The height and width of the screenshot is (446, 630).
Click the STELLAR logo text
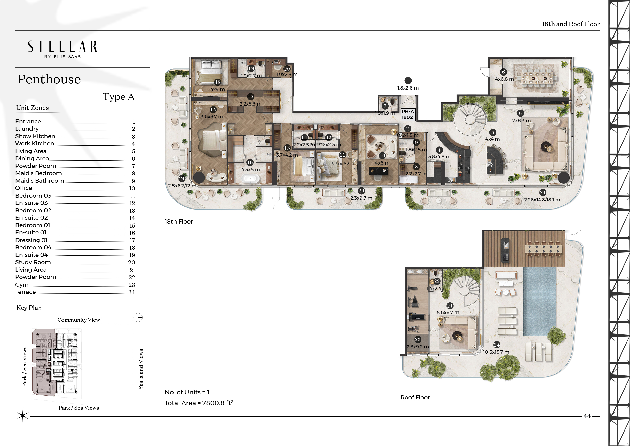(x=62, y=47)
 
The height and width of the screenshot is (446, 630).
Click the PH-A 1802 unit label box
(x=407, y=114)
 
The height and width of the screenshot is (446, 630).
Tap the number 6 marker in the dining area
(x=503, y=72)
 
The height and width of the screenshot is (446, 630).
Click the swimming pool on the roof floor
(x=540, y=302)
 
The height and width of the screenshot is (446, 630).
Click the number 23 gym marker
(x=418, y=339)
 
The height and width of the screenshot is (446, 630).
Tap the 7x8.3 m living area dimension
(x=521, y=120)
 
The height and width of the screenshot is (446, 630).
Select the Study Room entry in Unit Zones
(x=33, y=262)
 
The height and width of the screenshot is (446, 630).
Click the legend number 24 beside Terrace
(x=131, y=292)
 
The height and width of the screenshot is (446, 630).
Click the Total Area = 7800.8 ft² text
(x=199, y=403)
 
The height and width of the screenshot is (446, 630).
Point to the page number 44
(x=587, y=416)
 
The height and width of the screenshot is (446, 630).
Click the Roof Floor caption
(x=415, y=397)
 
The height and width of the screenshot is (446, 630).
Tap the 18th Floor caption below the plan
(x=179, y=221)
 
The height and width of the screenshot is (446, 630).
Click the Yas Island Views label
(x=141, y=369)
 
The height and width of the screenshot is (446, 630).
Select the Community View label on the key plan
(x=79, y=320)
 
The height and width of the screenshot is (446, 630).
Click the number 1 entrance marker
(x=408, y=80)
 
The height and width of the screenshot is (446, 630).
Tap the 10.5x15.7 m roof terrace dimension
(x=496, y=352)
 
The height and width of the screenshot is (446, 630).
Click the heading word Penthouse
(x=49, y=79)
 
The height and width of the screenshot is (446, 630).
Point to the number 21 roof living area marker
(x=450, y=306)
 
